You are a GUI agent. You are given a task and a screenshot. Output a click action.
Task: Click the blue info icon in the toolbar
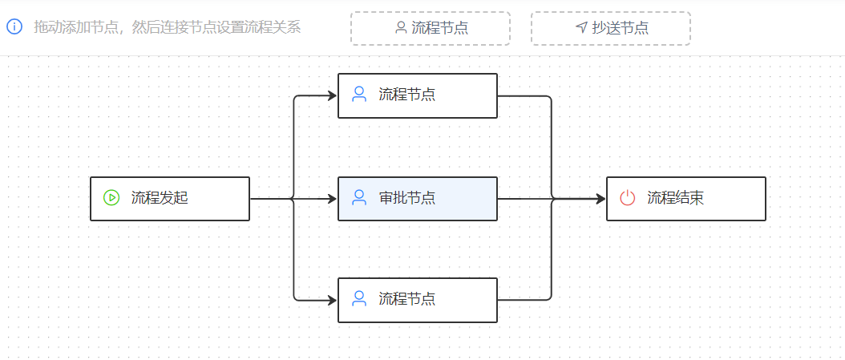(x=14, y=27)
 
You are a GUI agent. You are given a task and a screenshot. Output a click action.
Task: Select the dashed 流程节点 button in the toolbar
(x=431, y=28)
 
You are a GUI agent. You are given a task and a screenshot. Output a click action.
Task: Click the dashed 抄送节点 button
(x=611, y=28)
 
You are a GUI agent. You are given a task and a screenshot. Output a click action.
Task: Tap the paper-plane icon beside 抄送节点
(x=581, y=28)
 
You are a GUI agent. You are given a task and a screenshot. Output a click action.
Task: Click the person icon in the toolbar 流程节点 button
(x=401, y=28)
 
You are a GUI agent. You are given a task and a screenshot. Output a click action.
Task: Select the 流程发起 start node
(x=170, y=198)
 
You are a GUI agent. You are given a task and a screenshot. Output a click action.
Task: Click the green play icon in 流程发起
(x=111, y=198)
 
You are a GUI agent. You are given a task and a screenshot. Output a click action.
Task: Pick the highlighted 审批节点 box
(x=418, y=198)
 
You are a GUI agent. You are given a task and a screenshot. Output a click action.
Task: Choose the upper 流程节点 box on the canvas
(x=418, y=95)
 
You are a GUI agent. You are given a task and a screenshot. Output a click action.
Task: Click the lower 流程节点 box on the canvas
(x=418, y=300)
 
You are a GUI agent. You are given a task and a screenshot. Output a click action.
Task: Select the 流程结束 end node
(x=686, y=198)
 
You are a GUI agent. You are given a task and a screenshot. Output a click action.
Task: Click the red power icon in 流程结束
(x=628, y=198)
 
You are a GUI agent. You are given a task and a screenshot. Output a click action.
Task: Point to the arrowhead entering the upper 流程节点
(x=331, y=95)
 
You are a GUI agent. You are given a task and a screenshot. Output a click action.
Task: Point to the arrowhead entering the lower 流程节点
(x=331, y=300)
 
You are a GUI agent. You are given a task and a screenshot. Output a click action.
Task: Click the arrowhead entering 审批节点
(x=331, y=198)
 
